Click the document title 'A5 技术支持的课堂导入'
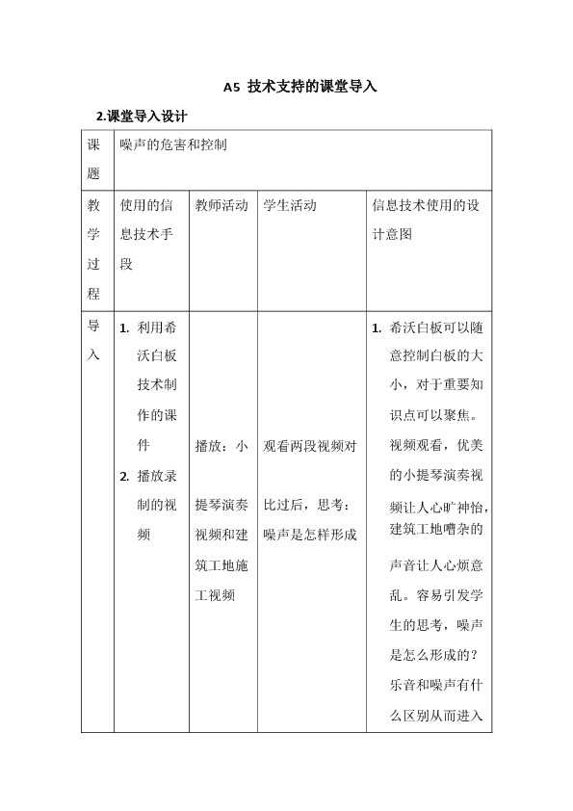pos(300,87)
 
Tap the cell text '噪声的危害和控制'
pos(173,145)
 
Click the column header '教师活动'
pos(221,205)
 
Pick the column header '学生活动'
pos(290,205)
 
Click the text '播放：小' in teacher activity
pos(221,446)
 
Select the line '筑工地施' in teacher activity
pos(221,565)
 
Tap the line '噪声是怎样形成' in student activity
pos(309,535)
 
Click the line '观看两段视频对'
pos(309,446)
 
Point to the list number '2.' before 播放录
pos(124,475)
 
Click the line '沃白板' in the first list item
pos(157,356)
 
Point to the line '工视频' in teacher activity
pos(215,595)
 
